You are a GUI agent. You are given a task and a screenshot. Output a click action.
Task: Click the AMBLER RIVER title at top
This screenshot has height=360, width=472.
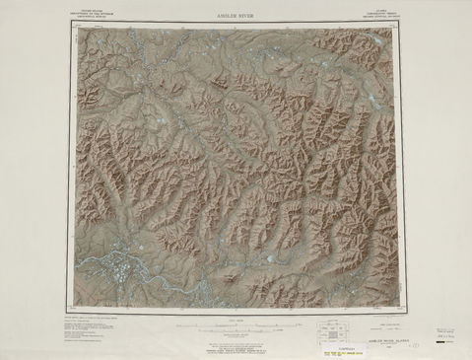click(x=234, y=17)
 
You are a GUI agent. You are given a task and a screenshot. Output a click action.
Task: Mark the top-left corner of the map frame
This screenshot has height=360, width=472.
click(x=76, y=27)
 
